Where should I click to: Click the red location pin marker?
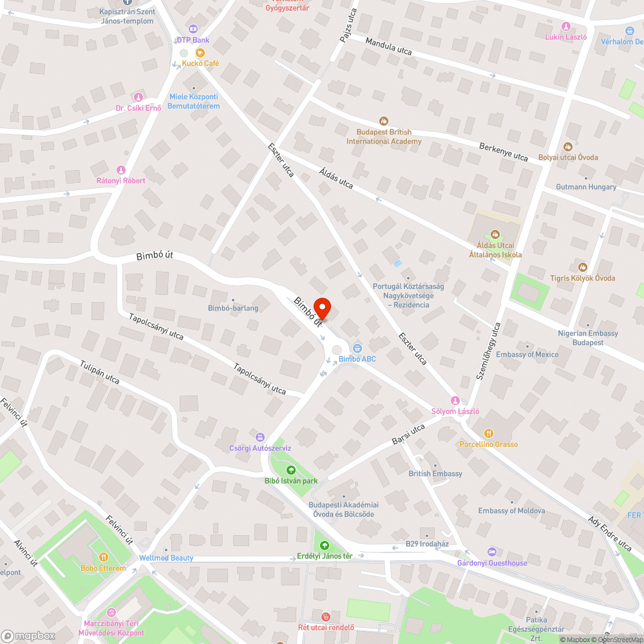321,308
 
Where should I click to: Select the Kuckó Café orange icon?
200,52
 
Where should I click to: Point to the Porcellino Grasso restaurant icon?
488,433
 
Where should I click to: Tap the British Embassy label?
435,473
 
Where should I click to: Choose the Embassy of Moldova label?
511,511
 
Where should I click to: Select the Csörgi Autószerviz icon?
260,437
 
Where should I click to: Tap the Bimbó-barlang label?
233,308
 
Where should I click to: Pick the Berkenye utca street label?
503,152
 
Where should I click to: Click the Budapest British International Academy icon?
384,120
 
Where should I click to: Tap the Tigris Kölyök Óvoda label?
586,278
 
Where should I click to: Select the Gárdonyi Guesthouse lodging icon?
492,552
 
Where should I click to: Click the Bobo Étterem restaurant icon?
103,557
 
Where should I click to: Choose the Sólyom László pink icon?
455,401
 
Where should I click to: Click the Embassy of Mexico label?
527,354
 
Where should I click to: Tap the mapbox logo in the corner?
29,636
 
